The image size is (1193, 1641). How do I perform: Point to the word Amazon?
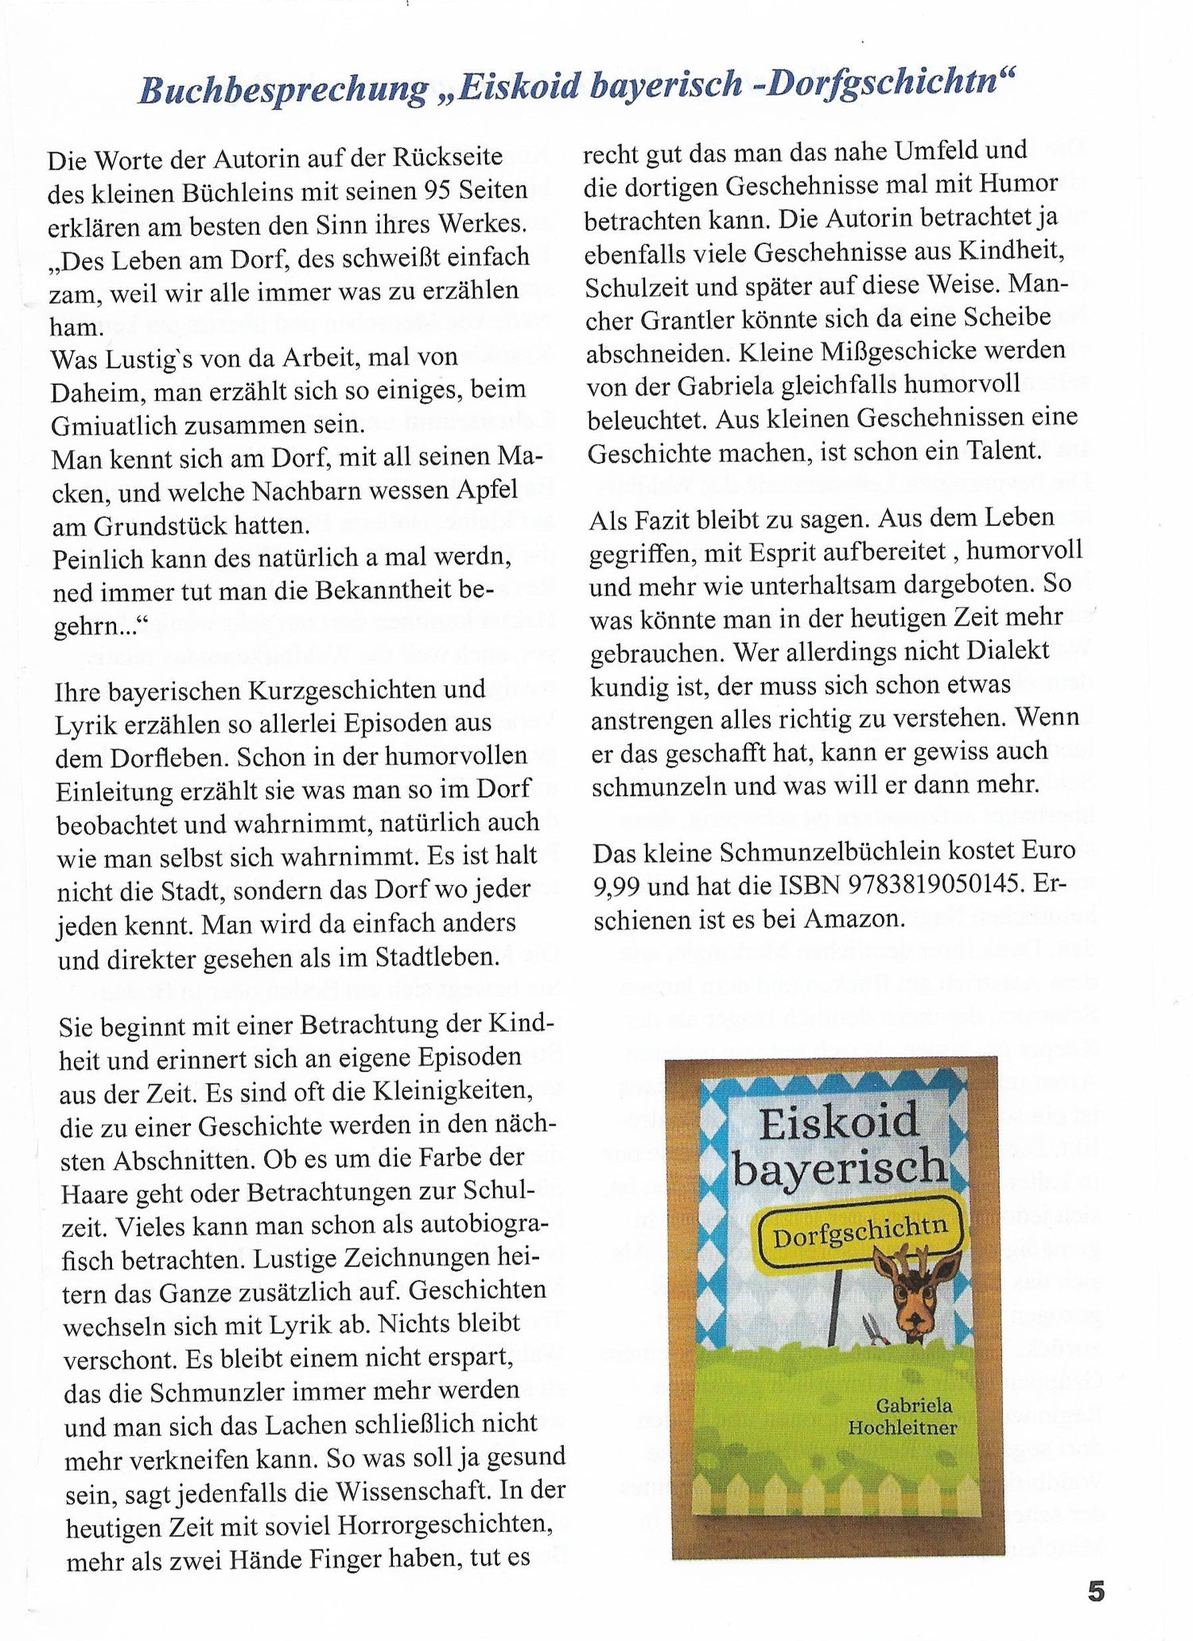click(854, 918)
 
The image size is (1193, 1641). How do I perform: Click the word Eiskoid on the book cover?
click(838, 1123)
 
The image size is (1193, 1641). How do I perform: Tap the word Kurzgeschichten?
click(319, 690)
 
